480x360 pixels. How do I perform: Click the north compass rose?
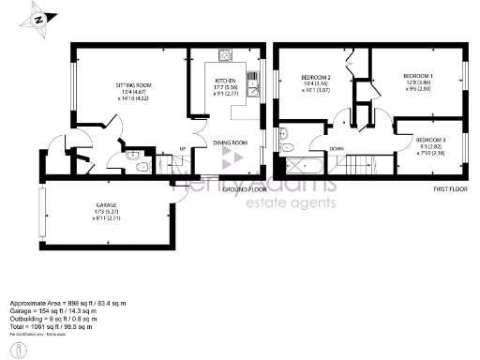tap(38, 18)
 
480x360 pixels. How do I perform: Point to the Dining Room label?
tap(229, 142)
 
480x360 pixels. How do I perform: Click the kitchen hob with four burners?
tap(226, 56)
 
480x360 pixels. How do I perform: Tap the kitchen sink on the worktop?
tap(252, 82)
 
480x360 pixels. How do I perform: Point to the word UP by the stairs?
tap(184, 150)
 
